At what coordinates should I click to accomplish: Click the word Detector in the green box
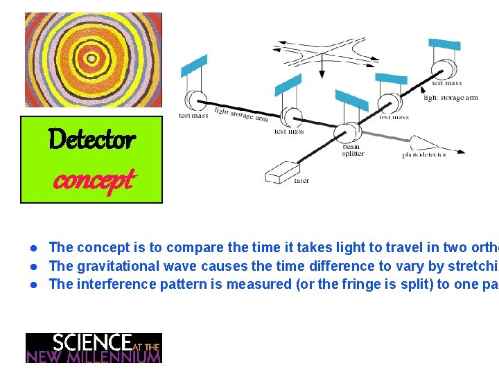click(x=91, y=141)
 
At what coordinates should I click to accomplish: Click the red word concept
click(x=93, y=181)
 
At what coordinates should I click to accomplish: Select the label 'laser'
click(x=301, y=181)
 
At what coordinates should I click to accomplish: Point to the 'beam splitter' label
click(x=353, y=150)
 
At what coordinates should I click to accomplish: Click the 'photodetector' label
click(x=424, y=155)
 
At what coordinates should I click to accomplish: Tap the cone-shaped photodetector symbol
click(x=426, y=145)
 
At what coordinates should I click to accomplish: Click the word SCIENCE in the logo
click(x=91, y=342)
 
